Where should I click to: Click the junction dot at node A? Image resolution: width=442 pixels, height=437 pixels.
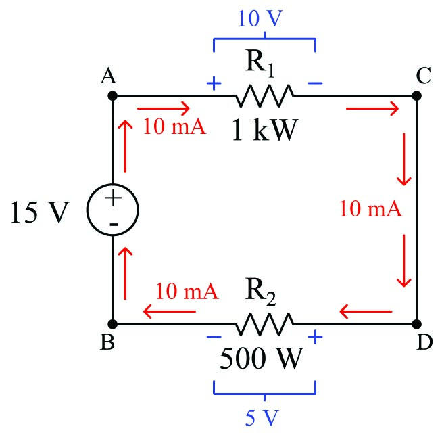pyautogui.click(x=112, y=96)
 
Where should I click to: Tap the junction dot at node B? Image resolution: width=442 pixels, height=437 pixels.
pyautogui.click(x=112, y=323)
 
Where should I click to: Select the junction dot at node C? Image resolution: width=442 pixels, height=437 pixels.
pyautogui.click(x=417, y=96)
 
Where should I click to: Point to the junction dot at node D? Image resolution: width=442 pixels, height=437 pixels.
pyautogui.click(x=417, y=323)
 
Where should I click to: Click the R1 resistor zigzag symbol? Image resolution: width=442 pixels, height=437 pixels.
pyautogui.click(x=264, y=96)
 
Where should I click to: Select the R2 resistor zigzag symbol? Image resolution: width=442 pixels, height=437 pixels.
pyautogui.click(x=264, y=323)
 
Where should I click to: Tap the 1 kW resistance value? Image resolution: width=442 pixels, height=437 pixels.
pyautogui.click(x=264, y=129)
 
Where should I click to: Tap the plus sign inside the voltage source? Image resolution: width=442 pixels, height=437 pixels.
pyautogui.click(x=112, y=198)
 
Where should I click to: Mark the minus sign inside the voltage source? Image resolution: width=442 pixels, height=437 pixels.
pyautogui.click(x=112, y=223)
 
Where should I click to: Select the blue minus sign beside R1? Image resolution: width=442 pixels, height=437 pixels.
pyautogui.click(x=315, y=84)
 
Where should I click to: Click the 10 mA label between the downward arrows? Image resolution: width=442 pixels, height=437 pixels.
pyautogui.click(x=370, y=209)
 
